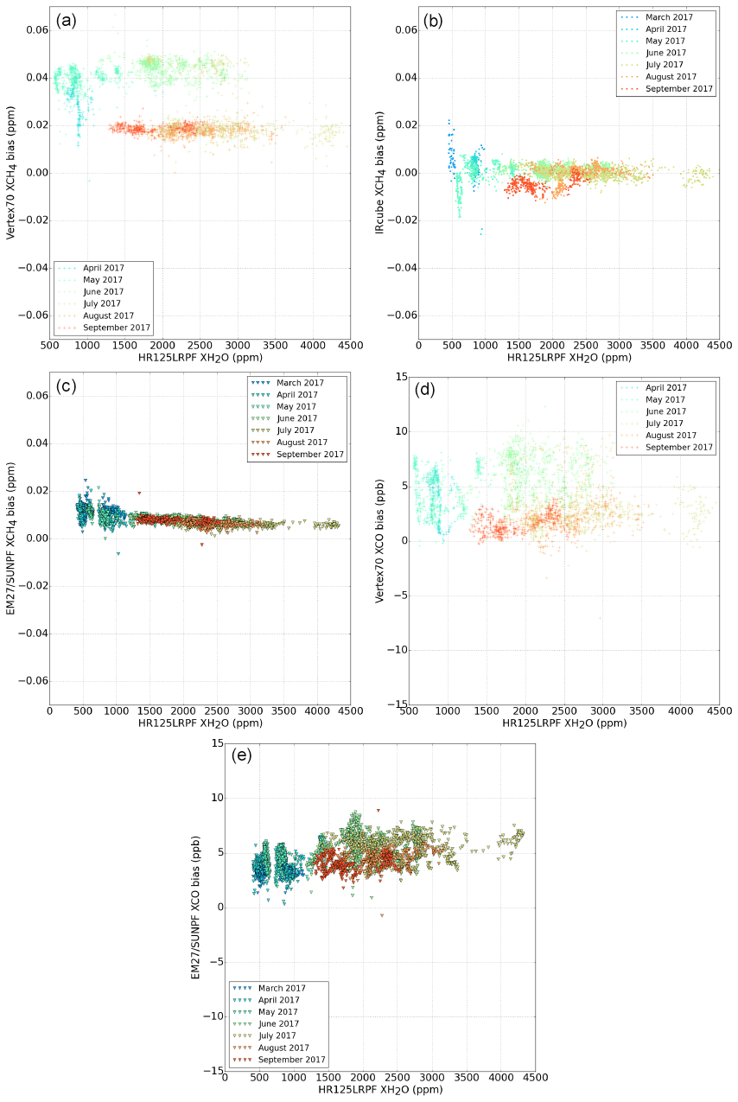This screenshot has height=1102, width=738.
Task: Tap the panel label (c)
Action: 67,386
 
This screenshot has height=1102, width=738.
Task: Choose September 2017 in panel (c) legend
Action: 310,455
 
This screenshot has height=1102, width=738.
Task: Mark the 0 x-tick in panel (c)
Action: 49,711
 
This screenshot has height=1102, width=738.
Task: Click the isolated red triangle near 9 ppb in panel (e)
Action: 378,810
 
